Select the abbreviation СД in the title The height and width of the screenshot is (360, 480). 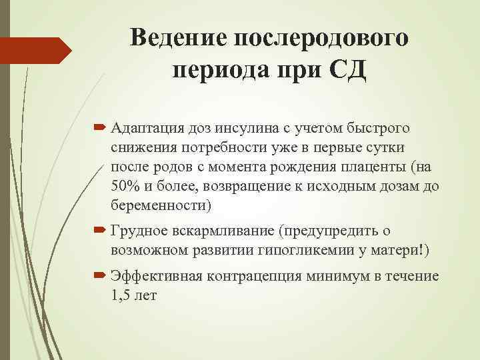[348, 69]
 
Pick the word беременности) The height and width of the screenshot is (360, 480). [162, 205]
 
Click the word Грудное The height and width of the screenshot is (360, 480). [137, 231]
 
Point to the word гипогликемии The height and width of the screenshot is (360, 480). [331, 250]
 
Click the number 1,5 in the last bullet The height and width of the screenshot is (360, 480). [121, 295]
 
